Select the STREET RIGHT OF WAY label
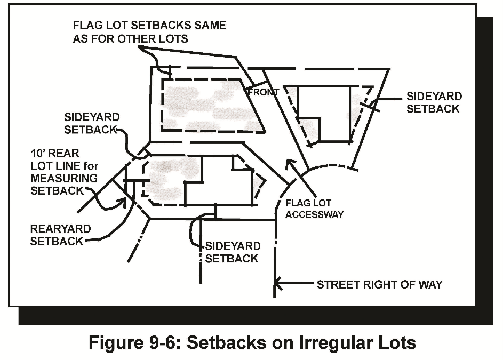(x=379, y=284)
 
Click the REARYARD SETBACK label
(x=60, y=235)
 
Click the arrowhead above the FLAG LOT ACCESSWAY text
(x=290, y=163)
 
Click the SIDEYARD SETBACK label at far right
(x=434, y=102)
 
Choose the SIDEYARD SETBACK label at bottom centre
(x=233, y=252)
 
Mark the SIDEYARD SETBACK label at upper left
(x=92, y=123)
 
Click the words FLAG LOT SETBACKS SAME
(x=149, y=25)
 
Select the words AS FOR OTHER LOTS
(x=131, y=38)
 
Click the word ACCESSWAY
(x=314, y=215)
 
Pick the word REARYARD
(x=60, y=229)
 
